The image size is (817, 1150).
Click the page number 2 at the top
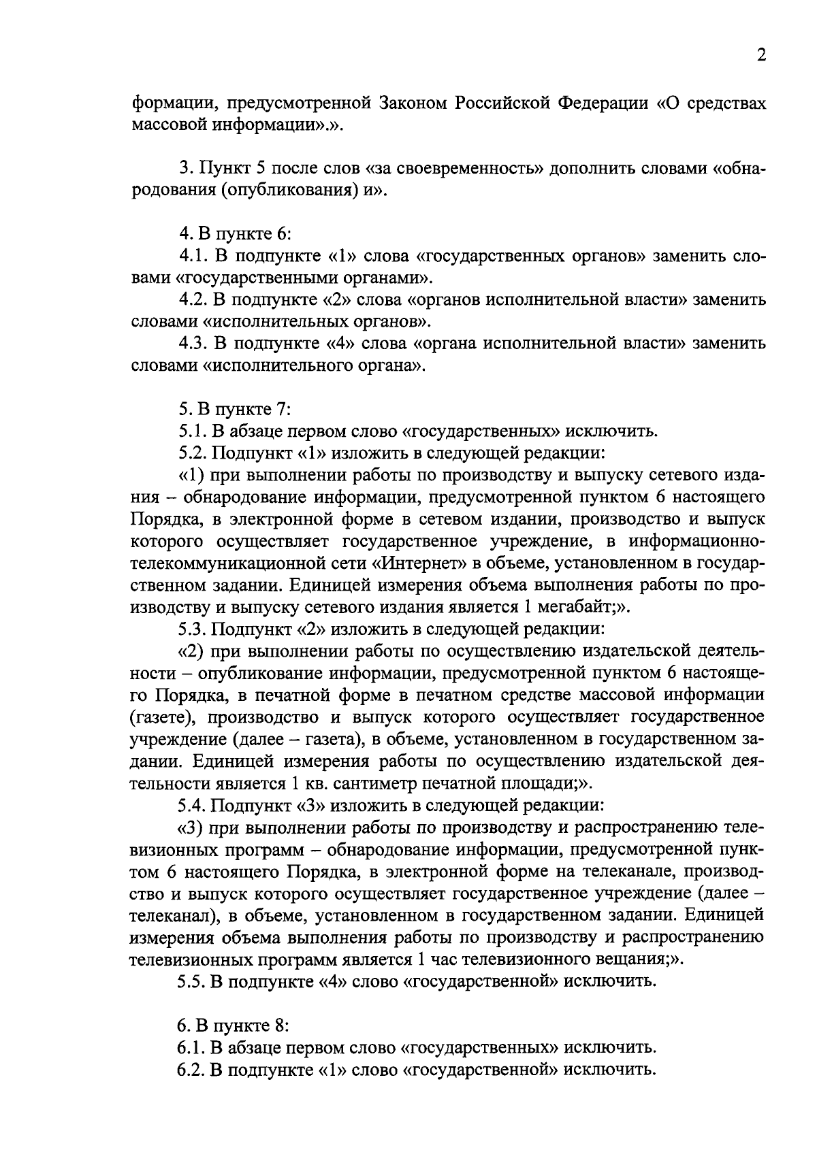tap(761, 55)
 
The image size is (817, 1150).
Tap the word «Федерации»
tap(605, 104)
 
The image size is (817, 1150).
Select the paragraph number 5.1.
tap(192, 431)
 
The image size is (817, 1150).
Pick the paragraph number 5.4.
tap(192, 805)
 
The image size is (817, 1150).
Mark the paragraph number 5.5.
tap(192, 981)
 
